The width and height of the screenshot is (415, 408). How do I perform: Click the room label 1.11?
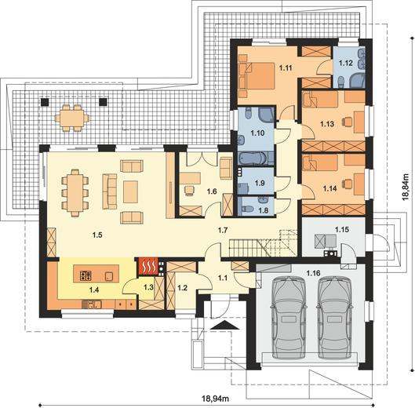286,68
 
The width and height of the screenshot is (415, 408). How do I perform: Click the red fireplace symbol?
147,267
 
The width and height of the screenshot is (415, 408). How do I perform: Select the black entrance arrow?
224,325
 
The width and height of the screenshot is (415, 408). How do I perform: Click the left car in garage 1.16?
288,318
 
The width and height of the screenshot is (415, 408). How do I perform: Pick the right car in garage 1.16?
334,318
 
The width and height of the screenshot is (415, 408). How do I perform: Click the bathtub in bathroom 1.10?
253,158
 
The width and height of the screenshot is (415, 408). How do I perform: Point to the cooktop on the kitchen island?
86,275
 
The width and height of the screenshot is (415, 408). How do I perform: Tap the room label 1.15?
342,230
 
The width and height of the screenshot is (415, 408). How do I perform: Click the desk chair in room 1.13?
348,122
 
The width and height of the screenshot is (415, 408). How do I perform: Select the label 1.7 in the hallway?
223,230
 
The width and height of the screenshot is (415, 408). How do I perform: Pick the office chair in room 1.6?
190,191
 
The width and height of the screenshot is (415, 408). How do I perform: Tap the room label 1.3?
149,287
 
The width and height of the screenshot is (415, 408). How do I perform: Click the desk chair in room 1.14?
348,184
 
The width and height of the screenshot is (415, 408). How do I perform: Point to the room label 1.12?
346,64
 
